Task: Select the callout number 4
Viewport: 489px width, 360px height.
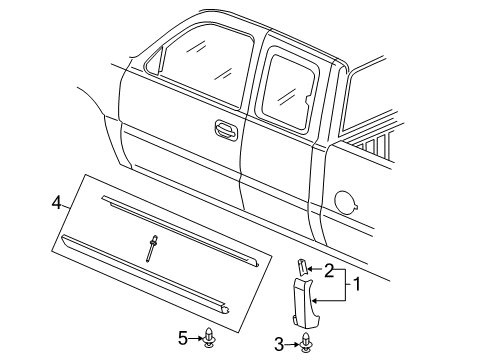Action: click(x=59, y=204)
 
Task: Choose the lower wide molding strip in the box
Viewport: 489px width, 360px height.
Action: click(x=145, y=291)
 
